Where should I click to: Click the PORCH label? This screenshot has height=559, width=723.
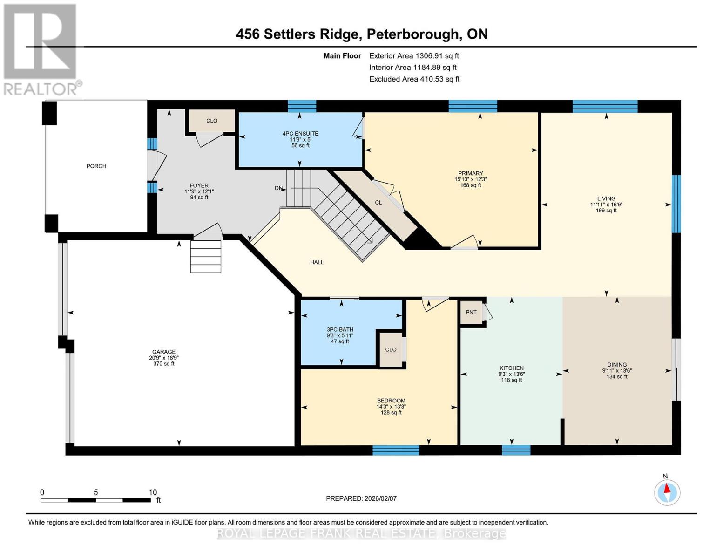(x=96, y=166)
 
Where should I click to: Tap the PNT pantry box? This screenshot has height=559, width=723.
(x=471, y=312)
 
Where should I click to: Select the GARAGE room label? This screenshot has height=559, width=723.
(x=163, y=352)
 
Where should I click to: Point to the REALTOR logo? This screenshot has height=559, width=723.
(x=41, y=49)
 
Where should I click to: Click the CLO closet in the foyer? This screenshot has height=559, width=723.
(x=212, y=121)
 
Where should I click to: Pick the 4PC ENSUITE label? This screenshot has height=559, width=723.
(x=300, y=134)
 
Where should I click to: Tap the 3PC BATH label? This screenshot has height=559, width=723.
(x=340, y=330)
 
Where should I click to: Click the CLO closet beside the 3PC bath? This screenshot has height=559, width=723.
(x=391, y=349)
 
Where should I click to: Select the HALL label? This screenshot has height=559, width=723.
(x=317, y=262)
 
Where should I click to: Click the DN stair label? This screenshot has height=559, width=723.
(x=278, y=188)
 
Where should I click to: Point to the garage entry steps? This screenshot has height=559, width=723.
(x=205, y=257)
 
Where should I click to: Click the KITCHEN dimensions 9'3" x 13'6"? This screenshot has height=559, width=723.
(x=511, y=374)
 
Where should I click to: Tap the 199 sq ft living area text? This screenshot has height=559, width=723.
(x=606, y=211)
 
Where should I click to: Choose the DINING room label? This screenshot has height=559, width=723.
(x=617, y=365)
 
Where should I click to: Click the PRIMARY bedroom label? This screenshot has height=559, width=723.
(x=470, y=173)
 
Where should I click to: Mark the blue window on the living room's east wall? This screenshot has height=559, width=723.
(x=676, y=204)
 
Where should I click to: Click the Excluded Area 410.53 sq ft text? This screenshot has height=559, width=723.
(x=414, y=79)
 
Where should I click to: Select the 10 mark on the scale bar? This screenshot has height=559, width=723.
(x=153, y=492)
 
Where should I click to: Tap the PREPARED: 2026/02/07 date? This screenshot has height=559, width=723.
(x=361, y=498)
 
